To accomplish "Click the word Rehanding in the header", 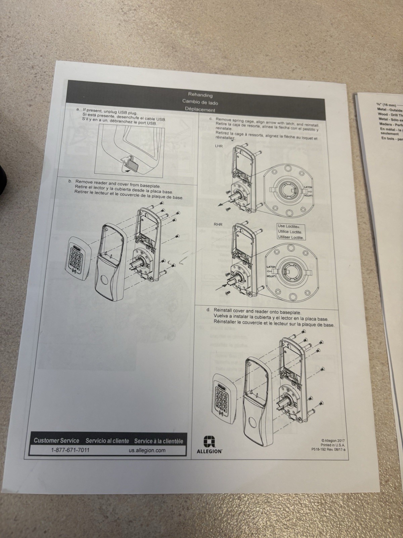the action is pos(200,95).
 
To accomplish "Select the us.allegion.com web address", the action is pos(147,450).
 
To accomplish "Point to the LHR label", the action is pos(219,146).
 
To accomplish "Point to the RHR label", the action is pos(218,224).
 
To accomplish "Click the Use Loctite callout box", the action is pos(291,232).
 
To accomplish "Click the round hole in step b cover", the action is pos(102,280).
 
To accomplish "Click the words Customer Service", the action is pos(56,440).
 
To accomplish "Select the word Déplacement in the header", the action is pos(200,109).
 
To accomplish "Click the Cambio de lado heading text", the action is pos(200,102).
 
